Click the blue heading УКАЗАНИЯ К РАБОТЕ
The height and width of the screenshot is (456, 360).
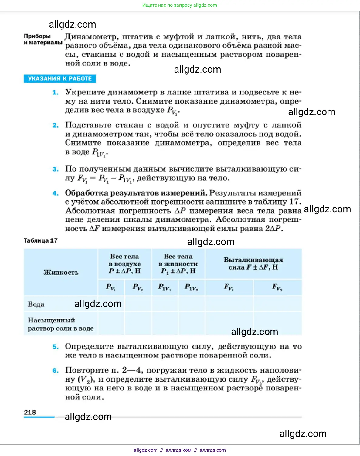click(x=60, y=79)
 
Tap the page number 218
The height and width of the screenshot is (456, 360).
click(x=30, y=412)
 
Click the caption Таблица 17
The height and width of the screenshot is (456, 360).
click(x=41, y=240)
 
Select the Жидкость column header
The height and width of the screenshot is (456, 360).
click(x=61, y=272)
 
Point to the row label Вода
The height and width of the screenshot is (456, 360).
click(x=36, y=304)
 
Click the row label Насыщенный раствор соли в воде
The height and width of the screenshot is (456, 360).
click(x=60, y=324)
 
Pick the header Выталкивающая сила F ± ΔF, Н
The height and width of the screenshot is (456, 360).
click(x=253, y=264)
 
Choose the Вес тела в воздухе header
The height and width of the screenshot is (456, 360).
click(x=124, y=264)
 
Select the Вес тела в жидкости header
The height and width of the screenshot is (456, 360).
click(x=178, y=264)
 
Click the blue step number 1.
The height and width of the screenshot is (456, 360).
click(x=55, y=92)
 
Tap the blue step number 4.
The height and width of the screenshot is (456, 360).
click(x=55, y=193)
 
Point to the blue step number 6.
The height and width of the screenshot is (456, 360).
click(x=55, y=370)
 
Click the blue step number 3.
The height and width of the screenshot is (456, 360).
click(x=55, y=169)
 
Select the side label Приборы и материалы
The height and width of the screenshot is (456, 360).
click(x=43, y=39)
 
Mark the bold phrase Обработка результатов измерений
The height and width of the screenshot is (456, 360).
click(x=136, y=193)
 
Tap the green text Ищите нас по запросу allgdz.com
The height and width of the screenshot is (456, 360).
click(x=180, y=5)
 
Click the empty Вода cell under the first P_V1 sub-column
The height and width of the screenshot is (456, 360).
click(x=111, y=304)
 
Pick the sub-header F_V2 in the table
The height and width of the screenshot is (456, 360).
click(x=277, y=287)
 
